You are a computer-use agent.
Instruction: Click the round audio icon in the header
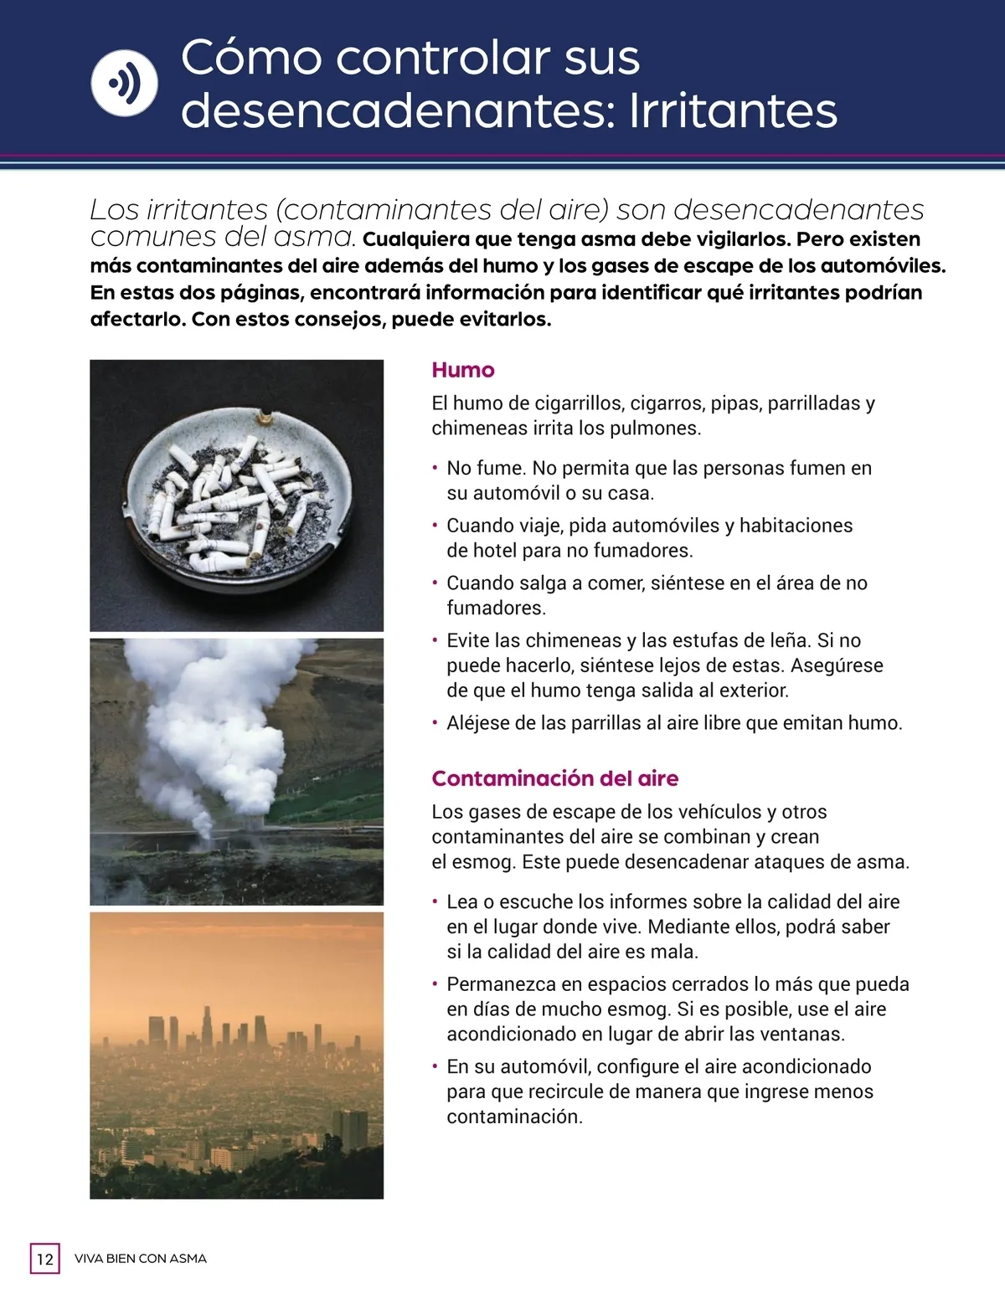124,83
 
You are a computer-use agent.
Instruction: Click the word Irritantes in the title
733,111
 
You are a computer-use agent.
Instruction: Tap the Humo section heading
462,370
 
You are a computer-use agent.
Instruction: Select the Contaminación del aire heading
554,778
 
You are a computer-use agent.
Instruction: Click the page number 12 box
45,1259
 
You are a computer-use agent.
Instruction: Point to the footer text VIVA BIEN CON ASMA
141,1259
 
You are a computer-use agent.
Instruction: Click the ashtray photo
236,495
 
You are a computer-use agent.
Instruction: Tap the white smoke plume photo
236,772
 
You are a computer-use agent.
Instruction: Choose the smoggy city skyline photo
236,1055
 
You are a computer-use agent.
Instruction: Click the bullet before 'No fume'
435,469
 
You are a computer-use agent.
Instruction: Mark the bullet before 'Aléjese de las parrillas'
435,723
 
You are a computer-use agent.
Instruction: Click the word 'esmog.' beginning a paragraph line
482,862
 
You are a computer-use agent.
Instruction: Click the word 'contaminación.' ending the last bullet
514,1117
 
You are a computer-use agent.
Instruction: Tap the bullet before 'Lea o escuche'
435,902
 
